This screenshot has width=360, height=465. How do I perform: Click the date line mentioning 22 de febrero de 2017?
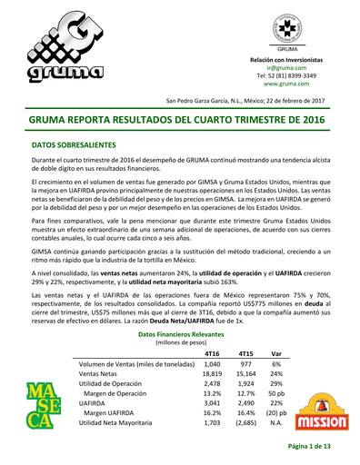[257, 100]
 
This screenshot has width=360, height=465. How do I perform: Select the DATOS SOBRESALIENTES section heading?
[74, 144]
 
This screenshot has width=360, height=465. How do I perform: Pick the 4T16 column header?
[215, 352]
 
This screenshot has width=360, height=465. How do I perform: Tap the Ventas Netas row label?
[101, 373]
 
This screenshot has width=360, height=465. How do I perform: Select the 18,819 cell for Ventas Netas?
[212, 373]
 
